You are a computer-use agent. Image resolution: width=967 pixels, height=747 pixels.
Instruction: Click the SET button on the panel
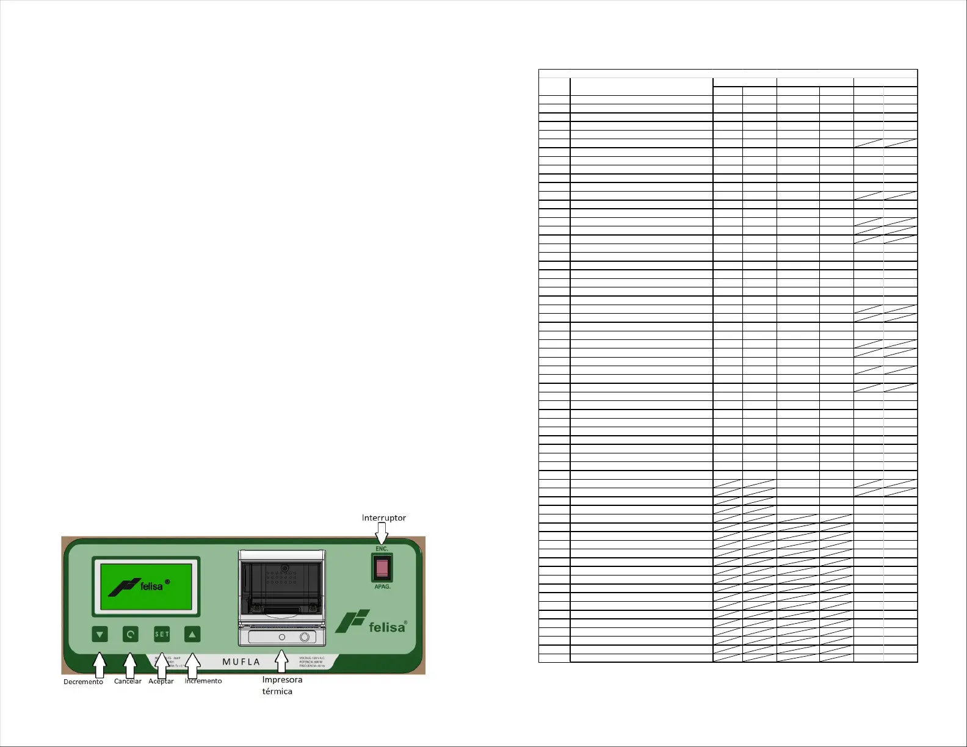click(x=162, y=634)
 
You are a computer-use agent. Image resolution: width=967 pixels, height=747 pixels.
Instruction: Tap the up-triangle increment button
click(x=192, y=634)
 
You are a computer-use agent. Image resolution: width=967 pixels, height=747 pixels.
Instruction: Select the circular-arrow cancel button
click(x=130, y=634)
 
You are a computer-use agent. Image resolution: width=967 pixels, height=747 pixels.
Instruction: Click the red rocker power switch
click(x=382, y=568)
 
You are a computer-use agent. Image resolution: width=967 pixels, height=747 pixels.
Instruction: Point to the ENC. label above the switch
click(x=382, y=549)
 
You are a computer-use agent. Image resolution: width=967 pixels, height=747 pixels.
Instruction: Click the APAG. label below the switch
click(x=382, y=586)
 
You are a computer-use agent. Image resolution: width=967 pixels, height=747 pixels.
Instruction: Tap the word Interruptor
click(x=383, y=518)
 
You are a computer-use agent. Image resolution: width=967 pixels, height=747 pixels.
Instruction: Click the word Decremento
click(x=83, y=682)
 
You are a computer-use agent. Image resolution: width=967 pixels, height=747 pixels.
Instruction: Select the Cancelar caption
click(x=128, y=681)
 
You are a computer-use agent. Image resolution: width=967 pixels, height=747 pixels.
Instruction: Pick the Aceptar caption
click(x=161, y=681)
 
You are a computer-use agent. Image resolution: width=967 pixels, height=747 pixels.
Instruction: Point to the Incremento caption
click(x=203, y=680)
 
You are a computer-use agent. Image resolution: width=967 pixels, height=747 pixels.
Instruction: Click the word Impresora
click(x=282, y=679)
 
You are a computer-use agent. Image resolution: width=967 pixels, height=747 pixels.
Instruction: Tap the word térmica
click(x=277, y=691)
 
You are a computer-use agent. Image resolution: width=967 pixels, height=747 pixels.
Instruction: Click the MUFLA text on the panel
click(x=241, y=662)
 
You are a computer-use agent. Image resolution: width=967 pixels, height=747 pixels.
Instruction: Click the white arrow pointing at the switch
click(x=382, y=535)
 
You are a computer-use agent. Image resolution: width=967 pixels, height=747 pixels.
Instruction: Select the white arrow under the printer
click(x=281, y=661)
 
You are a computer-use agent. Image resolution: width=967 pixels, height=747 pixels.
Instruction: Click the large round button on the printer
click(x=305, y=637)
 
